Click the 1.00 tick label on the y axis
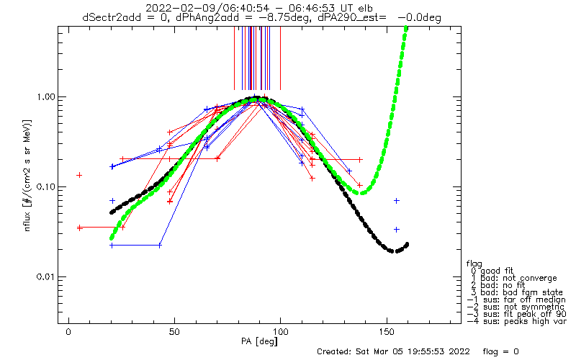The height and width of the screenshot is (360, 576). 45,97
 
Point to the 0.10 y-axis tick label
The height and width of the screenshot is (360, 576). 45,186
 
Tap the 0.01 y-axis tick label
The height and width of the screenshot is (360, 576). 45,276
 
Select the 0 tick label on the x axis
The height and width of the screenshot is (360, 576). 68,332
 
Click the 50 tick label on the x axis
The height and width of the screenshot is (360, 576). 174,332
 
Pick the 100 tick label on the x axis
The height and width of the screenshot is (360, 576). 281,332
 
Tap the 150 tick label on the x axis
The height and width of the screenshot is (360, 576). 387,332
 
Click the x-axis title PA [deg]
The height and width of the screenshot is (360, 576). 259,341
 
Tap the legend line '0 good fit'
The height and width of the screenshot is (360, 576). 492,271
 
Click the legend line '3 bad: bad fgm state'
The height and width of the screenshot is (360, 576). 517,292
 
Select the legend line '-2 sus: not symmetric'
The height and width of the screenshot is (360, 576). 516,307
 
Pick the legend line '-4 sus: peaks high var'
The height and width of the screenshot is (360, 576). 517,321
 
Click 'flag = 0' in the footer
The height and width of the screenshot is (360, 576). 500,351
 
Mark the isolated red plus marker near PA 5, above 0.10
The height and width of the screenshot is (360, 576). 79,175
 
